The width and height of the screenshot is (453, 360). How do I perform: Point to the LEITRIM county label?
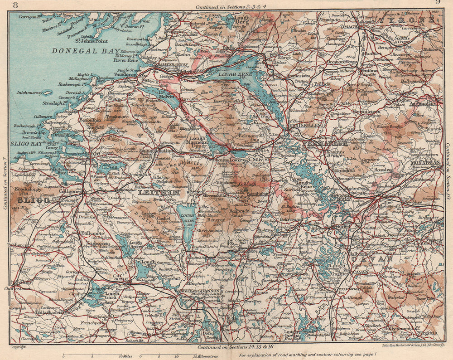pos(156,193)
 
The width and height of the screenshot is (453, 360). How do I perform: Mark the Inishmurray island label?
pos(29,93)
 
